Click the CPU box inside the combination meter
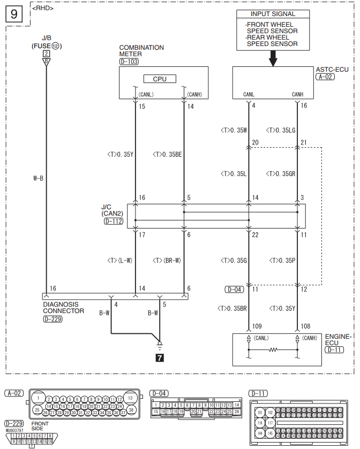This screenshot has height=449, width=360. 160,79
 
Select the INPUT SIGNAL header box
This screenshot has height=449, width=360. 273,14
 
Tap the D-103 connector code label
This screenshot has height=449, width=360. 129,62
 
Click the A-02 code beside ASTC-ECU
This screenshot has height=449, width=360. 325,77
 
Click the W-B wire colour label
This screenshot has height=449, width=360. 38,178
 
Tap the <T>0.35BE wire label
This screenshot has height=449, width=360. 167,155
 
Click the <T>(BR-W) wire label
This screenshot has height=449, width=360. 167,261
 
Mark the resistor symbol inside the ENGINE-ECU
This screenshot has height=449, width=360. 273,350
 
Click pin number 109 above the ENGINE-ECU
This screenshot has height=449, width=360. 256,325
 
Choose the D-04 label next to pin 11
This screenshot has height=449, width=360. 234,290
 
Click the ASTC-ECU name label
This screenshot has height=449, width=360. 332,70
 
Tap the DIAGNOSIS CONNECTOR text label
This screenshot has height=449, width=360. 63,307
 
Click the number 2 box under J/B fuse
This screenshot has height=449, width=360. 47,54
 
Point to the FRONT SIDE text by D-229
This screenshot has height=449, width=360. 40,426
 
